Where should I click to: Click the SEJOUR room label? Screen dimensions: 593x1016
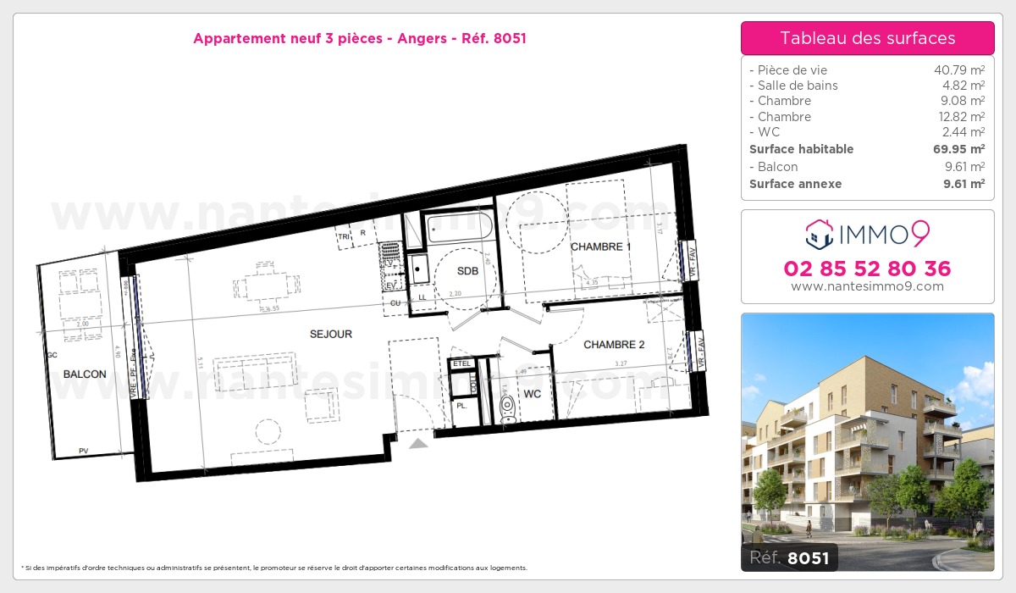click(x=331, y=334)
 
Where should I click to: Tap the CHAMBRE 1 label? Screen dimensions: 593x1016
click(x=601, y=247)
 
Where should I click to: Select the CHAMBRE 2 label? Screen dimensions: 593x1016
click(x=615, y=345)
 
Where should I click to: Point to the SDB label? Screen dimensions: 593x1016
click(x=467, y=271)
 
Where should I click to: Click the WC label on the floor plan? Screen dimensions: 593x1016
click(x=533, y=394)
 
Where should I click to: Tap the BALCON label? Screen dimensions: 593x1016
click(x=85, y=374)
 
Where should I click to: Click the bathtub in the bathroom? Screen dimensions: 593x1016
click(x=458, y=227)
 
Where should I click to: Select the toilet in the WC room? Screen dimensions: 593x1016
click(x=508, y=409)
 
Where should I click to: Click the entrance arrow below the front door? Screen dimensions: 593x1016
click(x=418, y=443)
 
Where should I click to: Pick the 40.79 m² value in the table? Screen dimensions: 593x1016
click(x=958, y=70)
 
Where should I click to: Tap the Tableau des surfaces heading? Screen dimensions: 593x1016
click(x=867, y=38)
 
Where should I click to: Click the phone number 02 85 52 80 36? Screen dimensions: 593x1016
click(x=867, y=269)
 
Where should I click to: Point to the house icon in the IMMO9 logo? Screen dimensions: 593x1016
click(x=819, y=233)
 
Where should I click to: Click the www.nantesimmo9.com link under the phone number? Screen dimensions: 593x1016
click(x=867, y=286)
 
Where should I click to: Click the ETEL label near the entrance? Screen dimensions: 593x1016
click(x=462, y=364)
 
